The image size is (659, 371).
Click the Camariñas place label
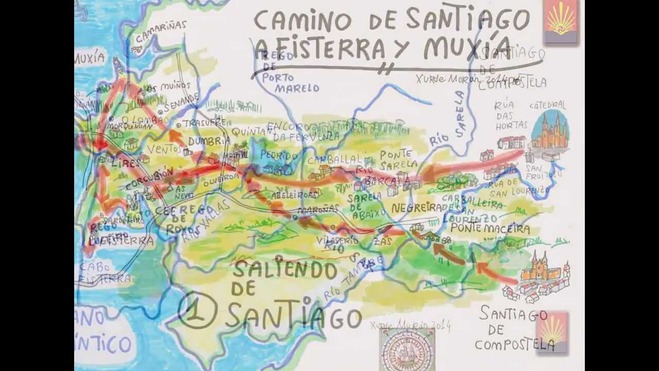(x=161, y=28)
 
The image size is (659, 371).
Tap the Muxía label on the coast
(x=90, y=59)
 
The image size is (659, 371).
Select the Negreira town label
(x=416, y=208)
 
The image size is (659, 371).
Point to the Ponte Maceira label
(x=490, y=228)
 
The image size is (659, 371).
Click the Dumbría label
(x=209, y=141)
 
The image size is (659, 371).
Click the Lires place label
(x=125, y=162)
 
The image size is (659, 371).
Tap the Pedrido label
(x=279, y=155)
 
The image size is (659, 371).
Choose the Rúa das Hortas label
(x=511, y=115)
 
